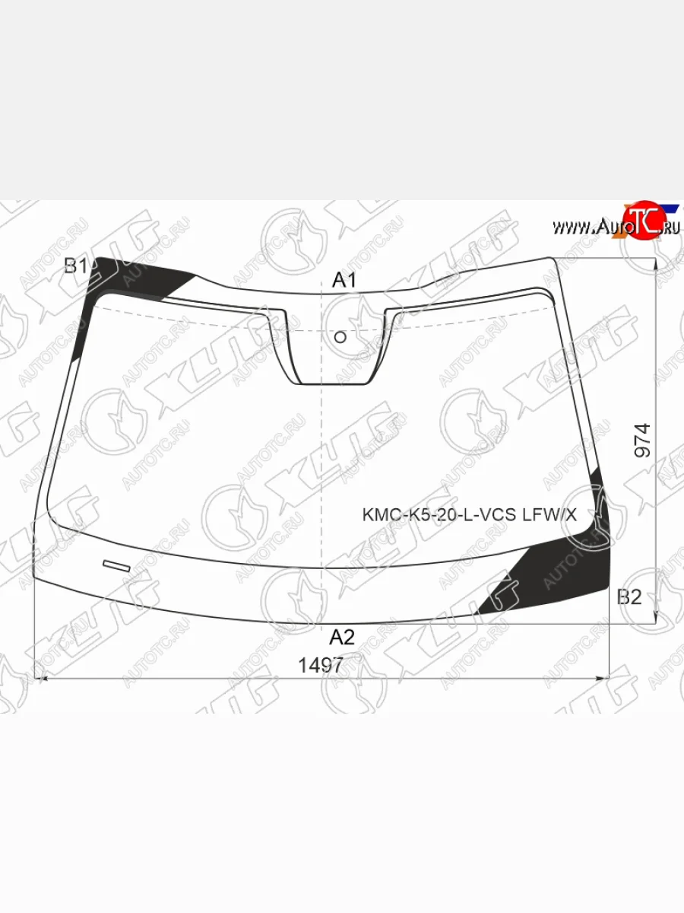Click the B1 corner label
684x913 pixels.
click(x=76, y=266)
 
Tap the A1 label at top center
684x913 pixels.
click(x=344, y=280)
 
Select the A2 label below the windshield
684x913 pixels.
click(x=342, y=637)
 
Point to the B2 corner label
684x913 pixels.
click(x=629, y=597)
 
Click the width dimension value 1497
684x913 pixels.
click(x=321, y=665)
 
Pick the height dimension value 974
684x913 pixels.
click(x=642, y=441)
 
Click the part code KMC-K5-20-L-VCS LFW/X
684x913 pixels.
click(x=469, y=515)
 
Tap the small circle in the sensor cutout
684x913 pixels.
click(x=340, y=337)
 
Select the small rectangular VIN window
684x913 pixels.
click(x=117, y=566)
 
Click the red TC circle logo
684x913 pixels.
click(x=644, y=221)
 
